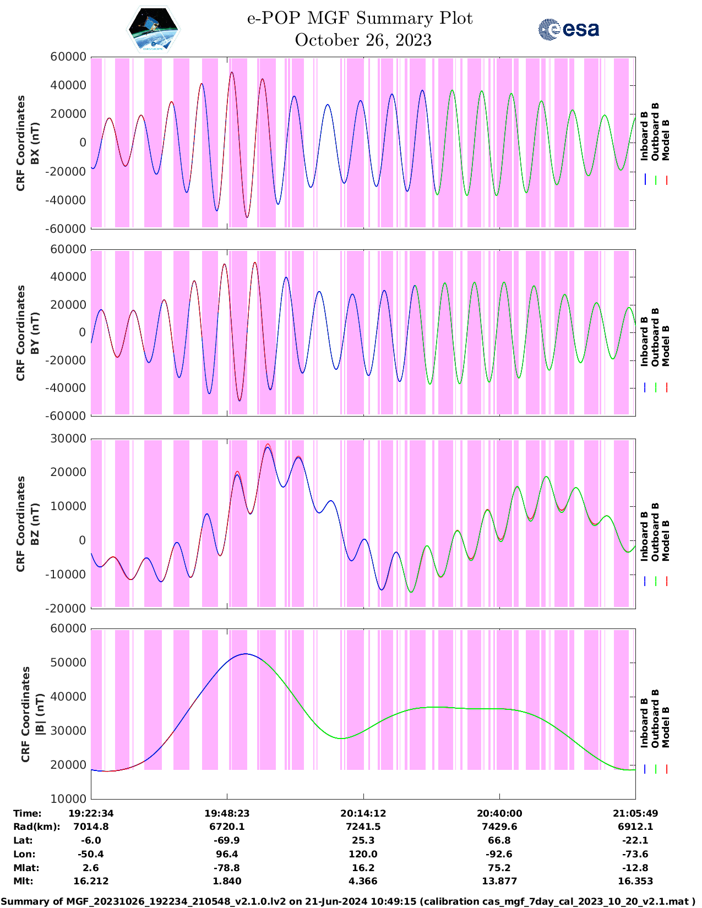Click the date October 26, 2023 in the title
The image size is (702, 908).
(x=363, y=40)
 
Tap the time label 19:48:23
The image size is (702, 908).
(x=227, y=813)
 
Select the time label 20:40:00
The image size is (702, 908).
(x=499, y=813)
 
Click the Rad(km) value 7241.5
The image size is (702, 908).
(x=363, y=827)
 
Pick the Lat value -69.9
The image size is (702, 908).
(x=227, y=840)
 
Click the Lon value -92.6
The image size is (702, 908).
(x=499, y=854)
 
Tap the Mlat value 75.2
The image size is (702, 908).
(x=499, y=868)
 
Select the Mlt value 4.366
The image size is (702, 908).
(x=363, y=881)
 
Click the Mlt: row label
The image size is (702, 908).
(x=24, y=881)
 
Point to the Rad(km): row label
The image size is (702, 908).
(x=36, y=827)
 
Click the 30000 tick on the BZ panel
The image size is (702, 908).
(x=68, y=439)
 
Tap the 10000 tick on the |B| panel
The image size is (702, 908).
(x=68, y=798)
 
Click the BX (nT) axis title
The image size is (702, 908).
(x=35, y=143)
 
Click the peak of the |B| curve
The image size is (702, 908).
(x=246, y=654)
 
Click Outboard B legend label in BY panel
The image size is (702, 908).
(x=655, y=337)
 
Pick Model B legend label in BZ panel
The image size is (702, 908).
(x=666, y=540)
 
